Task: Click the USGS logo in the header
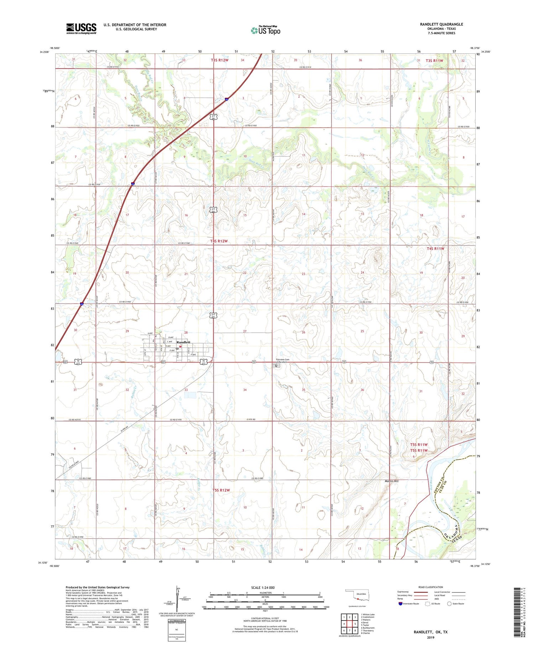[x=81, y=28]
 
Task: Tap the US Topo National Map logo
[x=266, y=31]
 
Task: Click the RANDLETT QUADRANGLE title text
[x=441, y=24]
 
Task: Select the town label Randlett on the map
[x=183, y=342]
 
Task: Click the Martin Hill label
[x=391, y=481]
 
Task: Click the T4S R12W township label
[x=219, y=241]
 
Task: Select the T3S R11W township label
[x=434, y=61]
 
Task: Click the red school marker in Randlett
[x=180, y=346]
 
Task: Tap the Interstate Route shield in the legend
[x=400, y=604]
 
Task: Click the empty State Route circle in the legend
[x=449, y=604]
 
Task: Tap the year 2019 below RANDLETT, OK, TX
[x=430, y=637]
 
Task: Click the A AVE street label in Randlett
[x=150, y=333]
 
